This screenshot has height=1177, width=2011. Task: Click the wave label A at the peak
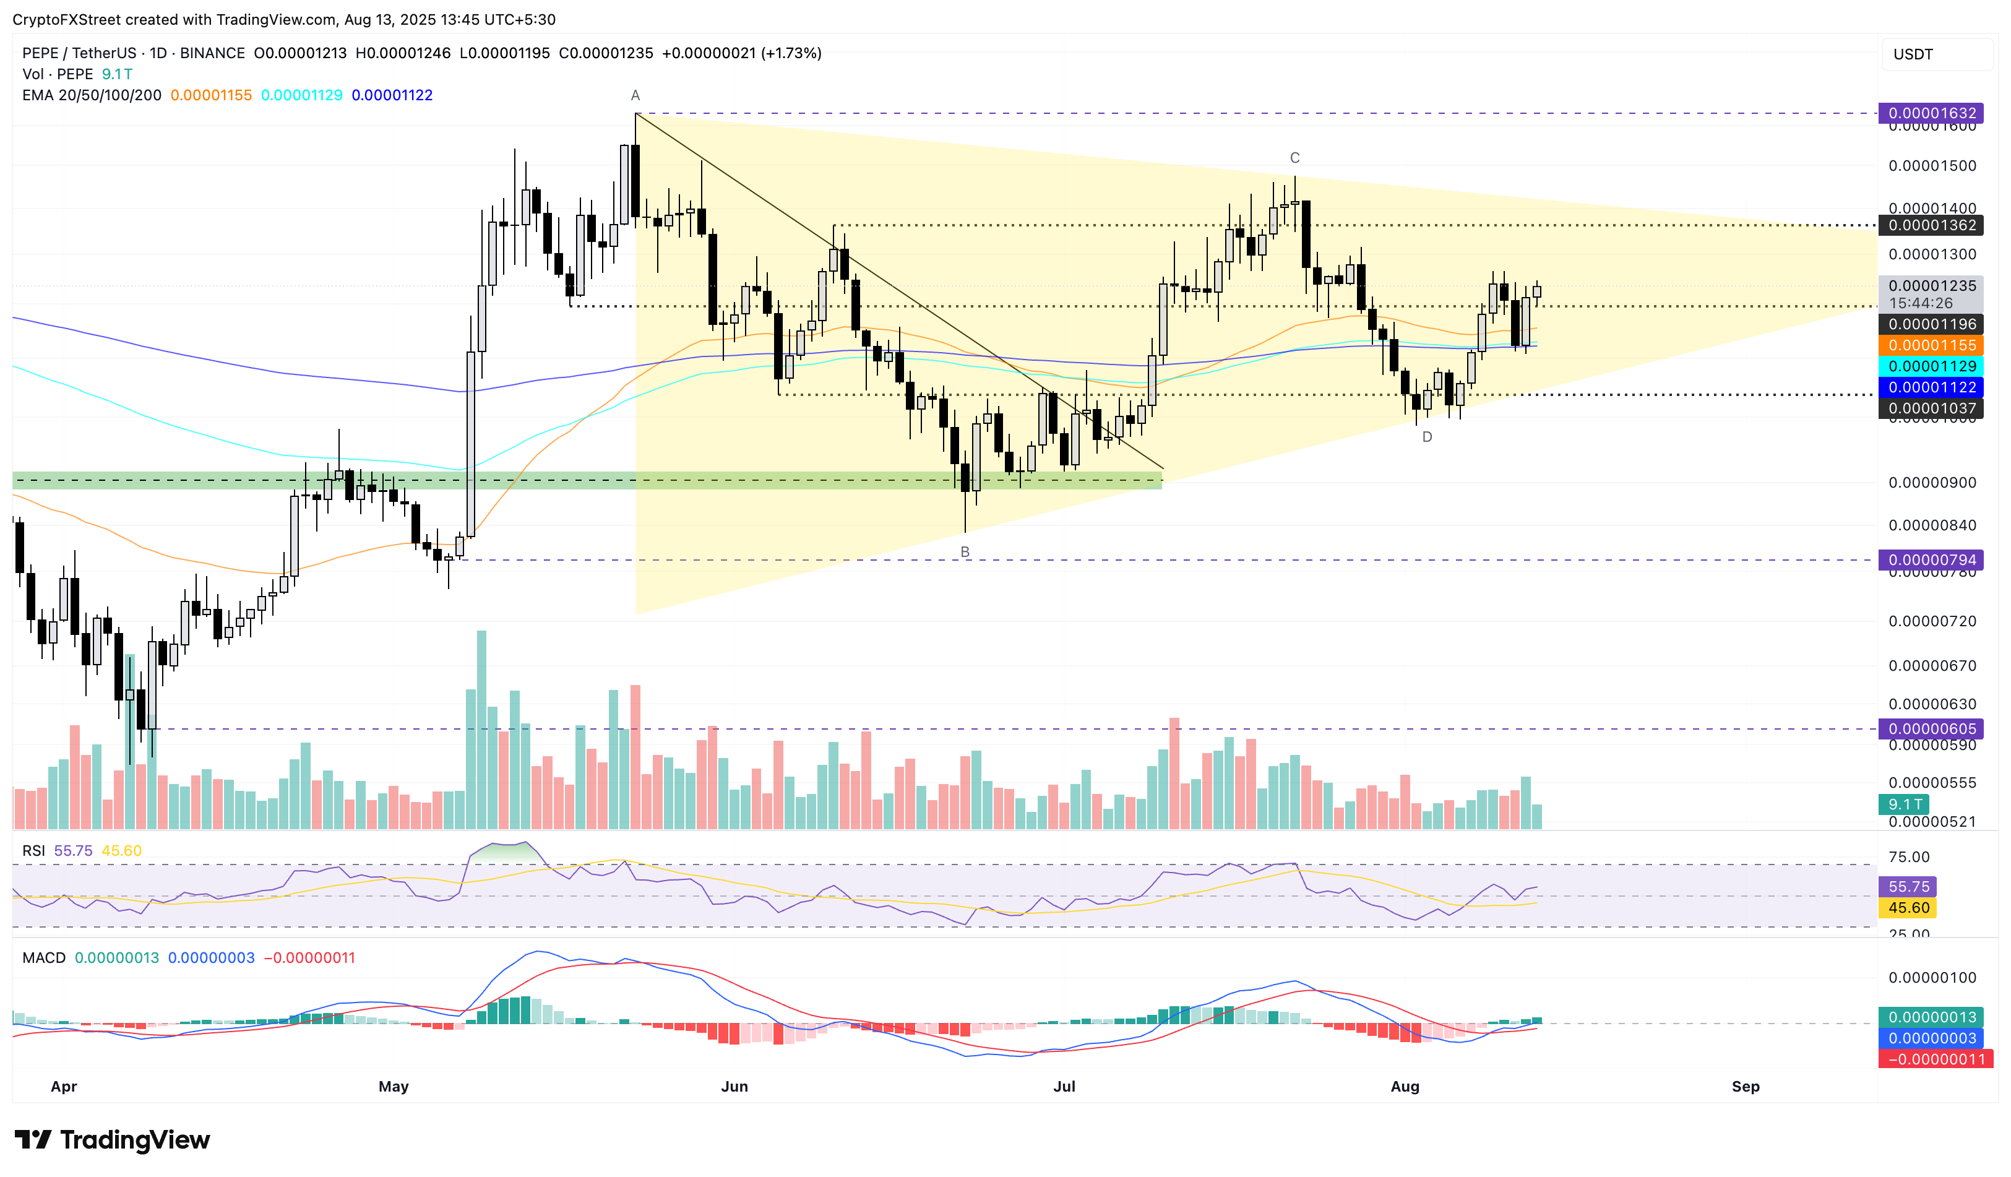coord(635,96)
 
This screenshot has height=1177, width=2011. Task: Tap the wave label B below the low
coord(965,552)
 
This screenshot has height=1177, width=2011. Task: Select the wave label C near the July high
coord(1294,158)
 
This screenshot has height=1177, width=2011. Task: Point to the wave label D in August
coord(1427,438)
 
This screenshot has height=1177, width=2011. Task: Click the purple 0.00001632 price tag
coord(1931,113)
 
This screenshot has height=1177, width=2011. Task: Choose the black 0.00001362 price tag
coord(1931,225)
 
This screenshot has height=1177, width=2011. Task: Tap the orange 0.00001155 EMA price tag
coord(1931,345)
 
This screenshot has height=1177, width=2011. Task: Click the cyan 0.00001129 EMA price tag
coord(1931,366)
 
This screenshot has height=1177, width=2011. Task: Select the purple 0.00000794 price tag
coord(1931,560)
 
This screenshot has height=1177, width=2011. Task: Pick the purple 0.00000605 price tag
coord(1931,728)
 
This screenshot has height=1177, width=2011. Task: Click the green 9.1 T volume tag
coord(1904,804)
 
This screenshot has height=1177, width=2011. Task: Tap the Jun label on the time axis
coord(734,1087)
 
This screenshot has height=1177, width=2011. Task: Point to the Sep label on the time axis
coord(1746,1087)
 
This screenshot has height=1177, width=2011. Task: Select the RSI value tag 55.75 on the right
coord(1908,887)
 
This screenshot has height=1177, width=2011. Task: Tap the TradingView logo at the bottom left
coord(113,1139)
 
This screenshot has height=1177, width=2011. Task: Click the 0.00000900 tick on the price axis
coord(1931,483)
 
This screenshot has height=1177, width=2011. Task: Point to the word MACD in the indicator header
coord(44,957)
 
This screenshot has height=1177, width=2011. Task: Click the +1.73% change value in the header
coord(791,53)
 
